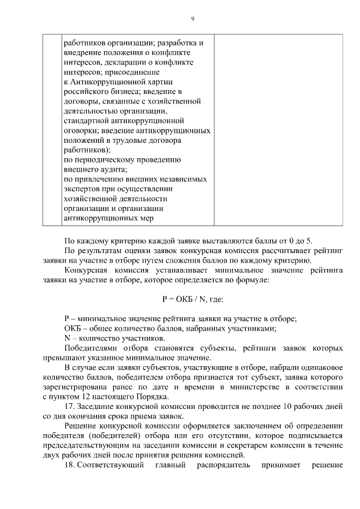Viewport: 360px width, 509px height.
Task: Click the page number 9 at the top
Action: point(192,19)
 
